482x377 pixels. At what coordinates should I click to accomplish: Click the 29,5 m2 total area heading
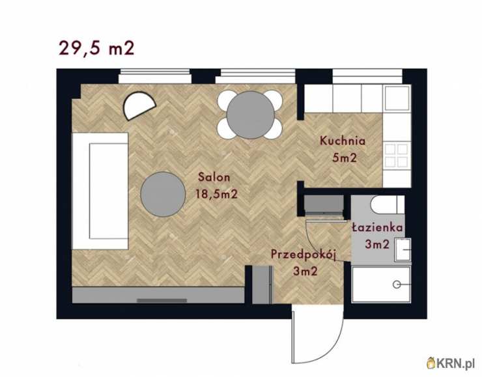pyautogui.click(x=96, y=48)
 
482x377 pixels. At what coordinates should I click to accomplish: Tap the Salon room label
pyautogui.click(x=214, y=177)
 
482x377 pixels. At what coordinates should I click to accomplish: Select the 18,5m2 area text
pyautogui.click(x=217, y=194)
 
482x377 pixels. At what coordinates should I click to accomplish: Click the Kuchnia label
pyautogui.click(x=343, y=141)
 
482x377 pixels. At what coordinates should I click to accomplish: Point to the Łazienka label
pyautogui.click(x=377, y=227)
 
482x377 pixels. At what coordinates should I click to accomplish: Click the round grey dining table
pyautogui.click(x=251, y=115)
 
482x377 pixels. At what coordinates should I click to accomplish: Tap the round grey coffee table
pyautogui.click(x=163, y=194)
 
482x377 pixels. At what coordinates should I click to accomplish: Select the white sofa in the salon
pyautogui.click(x=100, y=191)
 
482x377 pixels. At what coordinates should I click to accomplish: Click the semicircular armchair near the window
pyautogui.click(x=139, y=105)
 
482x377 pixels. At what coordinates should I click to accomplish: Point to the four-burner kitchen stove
pyautogui.click(x=397, y=155)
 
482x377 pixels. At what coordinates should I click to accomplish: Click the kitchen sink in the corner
pyautogui.click(x=397, y=98)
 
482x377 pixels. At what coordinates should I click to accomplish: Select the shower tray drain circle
pyautogui.click(x=397, y=285)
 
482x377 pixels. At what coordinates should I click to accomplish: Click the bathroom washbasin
pyautogui.click(x=403, y=249)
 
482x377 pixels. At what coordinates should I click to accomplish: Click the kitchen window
pyautogui.click(x=367, y=76)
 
